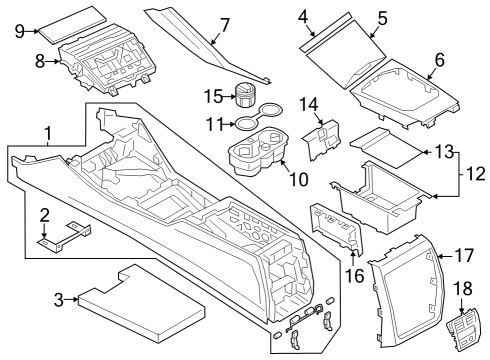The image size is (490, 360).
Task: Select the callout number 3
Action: point(57,297)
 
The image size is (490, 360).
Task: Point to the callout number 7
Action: point(224,22)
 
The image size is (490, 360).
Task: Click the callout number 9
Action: point(20,31)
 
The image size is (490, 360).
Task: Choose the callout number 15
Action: point(211,96)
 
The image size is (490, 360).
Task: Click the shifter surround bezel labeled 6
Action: point(405,95)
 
